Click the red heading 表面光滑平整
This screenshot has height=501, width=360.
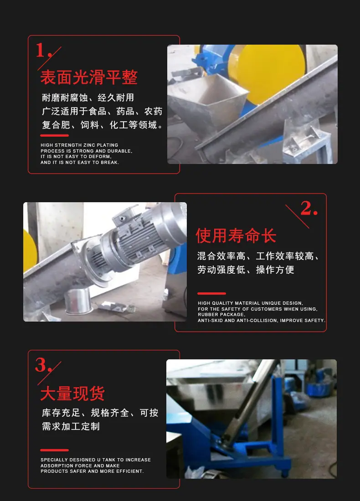89,77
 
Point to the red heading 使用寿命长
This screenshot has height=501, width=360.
236,236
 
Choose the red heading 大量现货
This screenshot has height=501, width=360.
72,394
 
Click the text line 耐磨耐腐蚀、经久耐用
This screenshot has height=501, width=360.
88,97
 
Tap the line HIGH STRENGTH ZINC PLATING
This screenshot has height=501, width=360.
79,145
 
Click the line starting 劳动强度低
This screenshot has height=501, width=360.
246,270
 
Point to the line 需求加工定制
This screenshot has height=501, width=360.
71,426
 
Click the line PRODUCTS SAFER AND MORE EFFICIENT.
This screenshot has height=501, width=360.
92,471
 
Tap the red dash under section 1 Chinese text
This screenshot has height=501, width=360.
54,135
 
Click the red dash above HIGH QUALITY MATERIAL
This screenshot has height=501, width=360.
211,293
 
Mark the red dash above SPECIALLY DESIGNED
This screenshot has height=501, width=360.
54,450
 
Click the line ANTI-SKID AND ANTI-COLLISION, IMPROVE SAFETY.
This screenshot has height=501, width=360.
262,321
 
